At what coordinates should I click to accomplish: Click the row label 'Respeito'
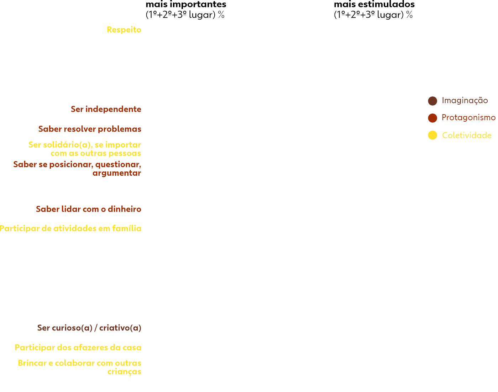124,30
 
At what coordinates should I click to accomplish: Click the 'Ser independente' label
106,109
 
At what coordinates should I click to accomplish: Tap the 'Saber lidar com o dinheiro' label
88,209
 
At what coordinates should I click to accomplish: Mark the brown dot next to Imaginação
433,101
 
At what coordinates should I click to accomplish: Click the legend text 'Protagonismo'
468,118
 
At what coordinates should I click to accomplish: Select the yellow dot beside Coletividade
433,135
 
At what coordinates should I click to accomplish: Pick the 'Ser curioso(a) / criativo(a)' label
89,328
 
